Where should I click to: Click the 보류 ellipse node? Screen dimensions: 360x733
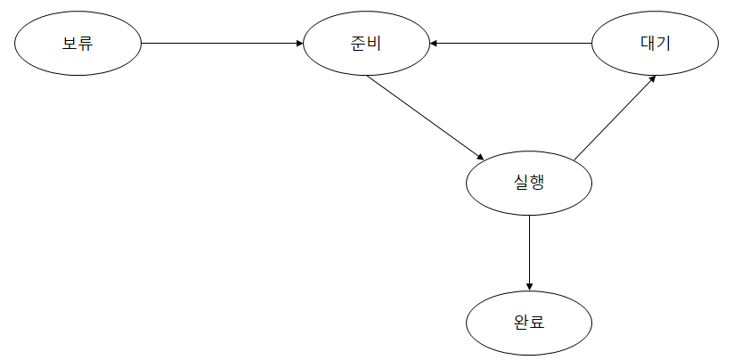(78, 42)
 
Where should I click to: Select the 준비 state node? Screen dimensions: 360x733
(366, 42)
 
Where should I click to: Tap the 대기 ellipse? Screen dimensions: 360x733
(655, 42)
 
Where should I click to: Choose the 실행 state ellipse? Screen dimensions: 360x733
(530, 183)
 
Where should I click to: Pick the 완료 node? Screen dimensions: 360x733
(530, 322)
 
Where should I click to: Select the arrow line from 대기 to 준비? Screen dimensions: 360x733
(512, 42)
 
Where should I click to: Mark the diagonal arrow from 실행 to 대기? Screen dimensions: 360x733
(615, 118)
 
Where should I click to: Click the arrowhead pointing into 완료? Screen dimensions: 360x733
(530, 286)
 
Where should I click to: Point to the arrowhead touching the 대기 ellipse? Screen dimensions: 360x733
(653, 78)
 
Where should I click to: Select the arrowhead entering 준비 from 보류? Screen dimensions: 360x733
(299, 42)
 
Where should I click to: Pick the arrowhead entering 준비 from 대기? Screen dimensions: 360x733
(434, 42)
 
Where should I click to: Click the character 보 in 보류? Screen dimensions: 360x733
(69, 42)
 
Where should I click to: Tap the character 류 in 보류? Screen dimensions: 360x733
(86, 42)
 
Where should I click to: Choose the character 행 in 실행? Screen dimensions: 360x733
(538, 183)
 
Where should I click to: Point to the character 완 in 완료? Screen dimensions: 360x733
(522, 322)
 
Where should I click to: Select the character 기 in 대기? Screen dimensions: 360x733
(664, 42)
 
